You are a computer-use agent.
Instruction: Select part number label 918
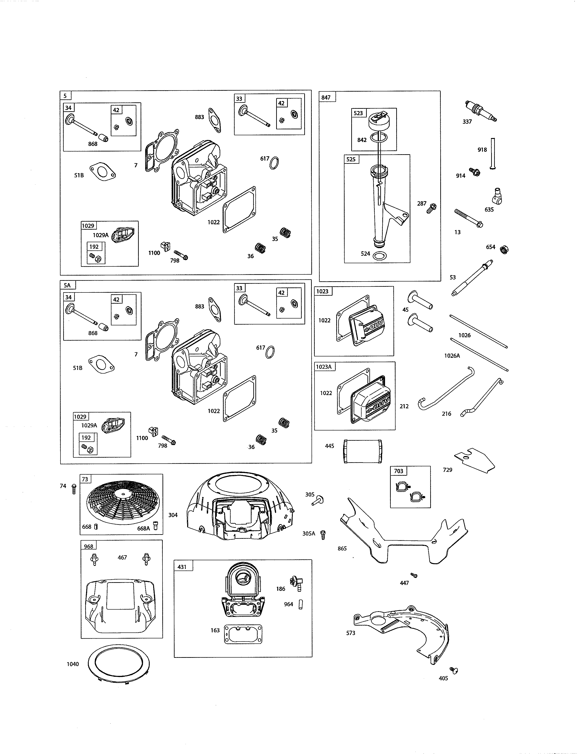[x=482, y=149]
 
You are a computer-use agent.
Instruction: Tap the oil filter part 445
[x=363, y=451]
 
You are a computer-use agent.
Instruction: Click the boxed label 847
[x=326, y=97]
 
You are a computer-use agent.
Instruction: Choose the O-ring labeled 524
[x=380, y=256]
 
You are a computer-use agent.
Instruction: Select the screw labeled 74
[x=73, y=489]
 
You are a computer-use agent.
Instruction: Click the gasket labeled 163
[x=243, y=634]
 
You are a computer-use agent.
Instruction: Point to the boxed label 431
[x=182, y=567]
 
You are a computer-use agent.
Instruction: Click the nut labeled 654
[x=504, y=249]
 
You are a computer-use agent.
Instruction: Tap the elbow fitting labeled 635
[x=497, y=196]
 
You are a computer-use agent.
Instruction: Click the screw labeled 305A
[x=323, y=535]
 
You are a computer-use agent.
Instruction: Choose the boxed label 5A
[x=67, y=285]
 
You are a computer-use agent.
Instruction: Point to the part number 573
[x=350, y=633]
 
